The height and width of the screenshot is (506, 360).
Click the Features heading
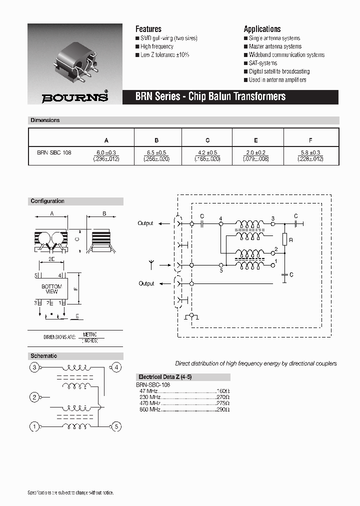(148, 29)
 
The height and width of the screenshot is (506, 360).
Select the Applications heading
(262, 29)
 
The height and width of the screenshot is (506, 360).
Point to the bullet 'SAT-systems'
(263, 63)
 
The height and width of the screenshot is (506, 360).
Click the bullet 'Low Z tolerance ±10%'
(165, 55)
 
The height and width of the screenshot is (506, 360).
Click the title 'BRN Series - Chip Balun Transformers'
(210, 96)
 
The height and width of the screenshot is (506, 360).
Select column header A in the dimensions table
(106, 140)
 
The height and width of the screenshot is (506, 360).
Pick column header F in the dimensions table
(310, 140)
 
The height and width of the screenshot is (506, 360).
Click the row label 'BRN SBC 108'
(54, 152)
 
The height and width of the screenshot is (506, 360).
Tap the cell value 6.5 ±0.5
(157, 152)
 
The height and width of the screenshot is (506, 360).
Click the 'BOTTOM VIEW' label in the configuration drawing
(51, 289)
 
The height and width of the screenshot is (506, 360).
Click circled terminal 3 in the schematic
(34, 368)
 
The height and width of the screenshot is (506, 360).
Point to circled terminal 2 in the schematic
(34, 397)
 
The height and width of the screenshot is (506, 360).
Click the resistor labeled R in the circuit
(284, 240)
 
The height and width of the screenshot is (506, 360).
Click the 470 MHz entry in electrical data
(150, 403)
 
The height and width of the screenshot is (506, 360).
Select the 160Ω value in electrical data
(222, 391)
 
